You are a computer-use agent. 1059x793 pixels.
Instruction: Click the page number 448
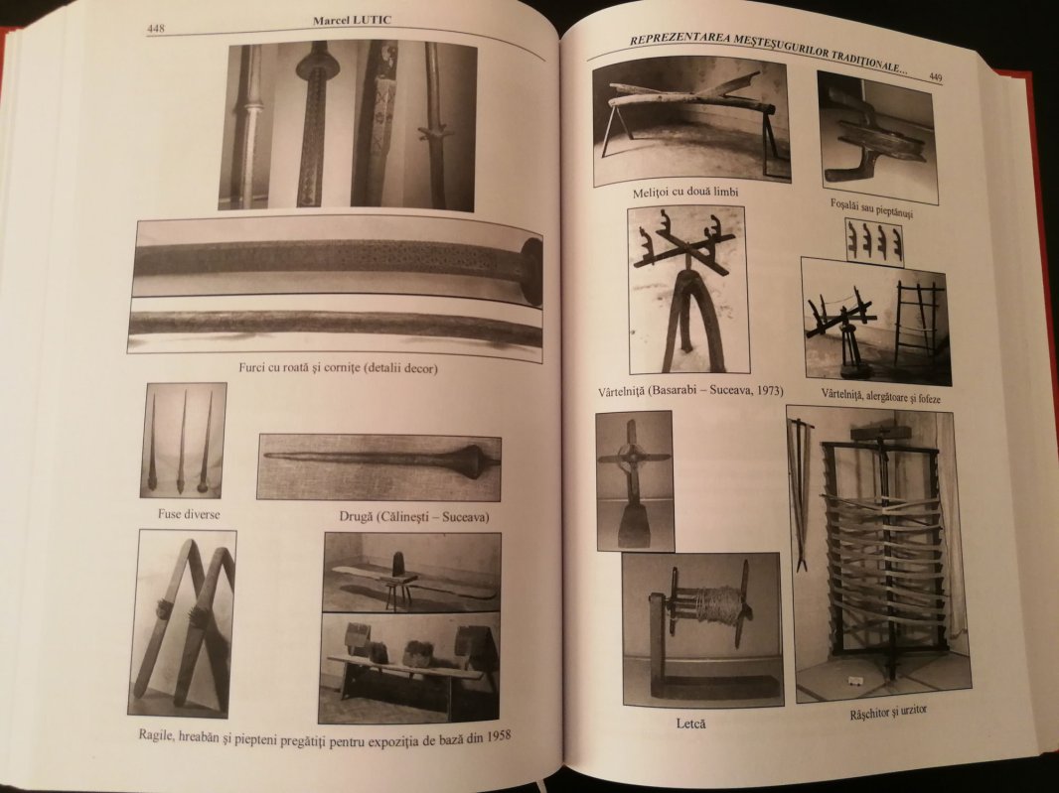pos(155,30)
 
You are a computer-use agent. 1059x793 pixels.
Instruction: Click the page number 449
pos(935,76)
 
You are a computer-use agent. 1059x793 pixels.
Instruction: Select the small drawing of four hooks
pos(874,242)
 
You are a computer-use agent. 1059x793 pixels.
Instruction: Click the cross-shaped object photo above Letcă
pos(634,478)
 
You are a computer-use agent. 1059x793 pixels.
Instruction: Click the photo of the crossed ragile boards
pos(184,622)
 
